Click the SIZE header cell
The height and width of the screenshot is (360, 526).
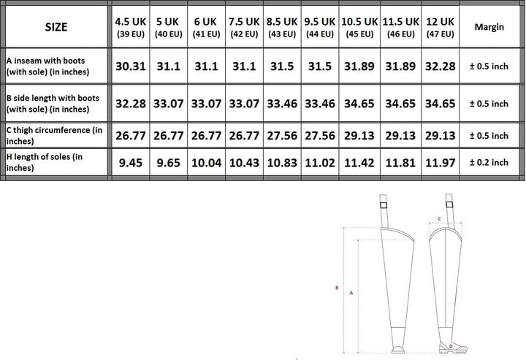pyautogui.click(x=56, y=27)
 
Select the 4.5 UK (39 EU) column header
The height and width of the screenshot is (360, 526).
pyautogui.click(x=131, y=27)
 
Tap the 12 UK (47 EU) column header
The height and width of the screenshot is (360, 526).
pyautogui.click(x=440, y=27)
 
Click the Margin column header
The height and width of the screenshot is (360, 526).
pyautogui.click(x=489, y=27)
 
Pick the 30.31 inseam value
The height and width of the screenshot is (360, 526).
pyautogui.click(x=131, y=66)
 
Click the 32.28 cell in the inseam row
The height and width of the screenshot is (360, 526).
pyautogui.click(x=440, y=66)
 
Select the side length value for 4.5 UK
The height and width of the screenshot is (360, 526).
pyautogui.click(x=131, y=104)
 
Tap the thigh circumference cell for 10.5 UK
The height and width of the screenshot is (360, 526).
pyautogui.click(x=359, y=135)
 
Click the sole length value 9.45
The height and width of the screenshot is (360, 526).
pyautogui.click(x=131, y=163)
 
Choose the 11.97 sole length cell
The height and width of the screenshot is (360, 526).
pyautogui.click(x=440, y=163)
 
